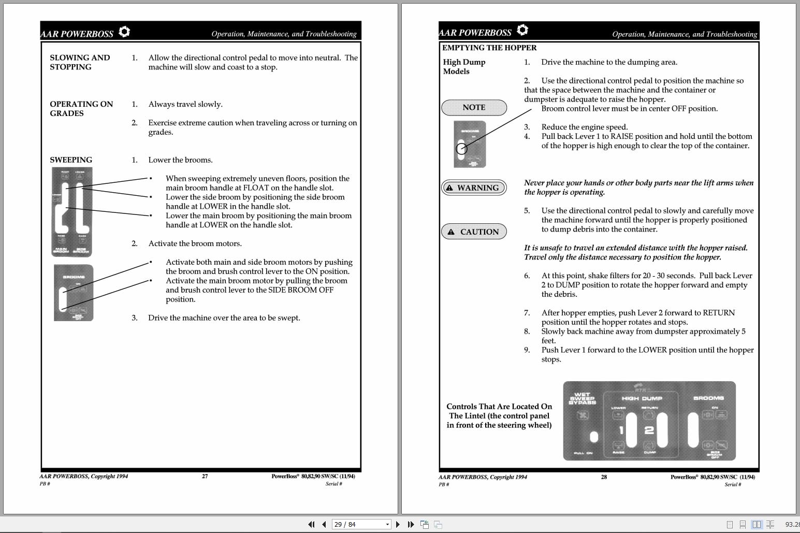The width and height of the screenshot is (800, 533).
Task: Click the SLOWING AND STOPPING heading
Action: click(80, 62)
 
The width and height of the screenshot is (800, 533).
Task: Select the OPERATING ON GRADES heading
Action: click(81, 109)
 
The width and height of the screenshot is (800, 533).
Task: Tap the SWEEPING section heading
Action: click(71, 160)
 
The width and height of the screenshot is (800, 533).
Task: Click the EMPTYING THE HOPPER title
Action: click(489, 48)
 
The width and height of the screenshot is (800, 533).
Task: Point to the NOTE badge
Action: click(474, 107)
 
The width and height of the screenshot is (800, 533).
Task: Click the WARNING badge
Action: click(474, 188)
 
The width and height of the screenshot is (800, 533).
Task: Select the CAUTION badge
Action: click(474, 232)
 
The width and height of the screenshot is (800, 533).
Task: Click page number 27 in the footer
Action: click(205, 476)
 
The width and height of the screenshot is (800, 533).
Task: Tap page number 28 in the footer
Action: click(604, 477)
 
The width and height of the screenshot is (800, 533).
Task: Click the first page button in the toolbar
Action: click(311, 524)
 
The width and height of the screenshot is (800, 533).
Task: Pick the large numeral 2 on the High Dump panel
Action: click(649, 430)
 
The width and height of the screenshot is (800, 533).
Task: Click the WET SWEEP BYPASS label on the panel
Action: click(583, 398)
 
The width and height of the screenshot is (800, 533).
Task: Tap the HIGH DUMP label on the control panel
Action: click(642, 398)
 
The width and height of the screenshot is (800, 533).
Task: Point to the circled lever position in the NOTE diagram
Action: click(461, 149)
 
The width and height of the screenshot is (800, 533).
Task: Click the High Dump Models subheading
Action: click(464, 67)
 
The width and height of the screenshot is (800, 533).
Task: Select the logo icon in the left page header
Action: click(124, 32)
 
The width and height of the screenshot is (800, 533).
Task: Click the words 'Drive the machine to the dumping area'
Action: click(609, 62)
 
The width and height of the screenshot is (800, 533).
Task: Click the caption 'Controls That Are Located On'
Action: click(499, 407)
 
